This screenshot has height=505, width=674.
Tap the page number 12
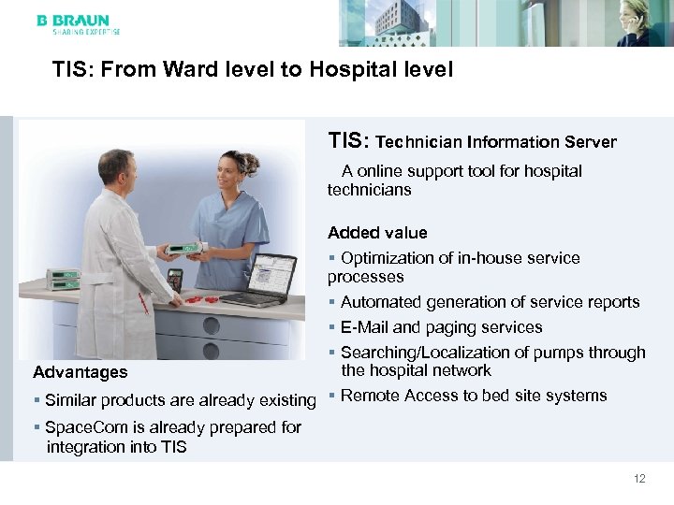[x=639, y=479]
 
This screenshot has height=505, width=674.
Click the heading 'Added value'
[x=377, y=233]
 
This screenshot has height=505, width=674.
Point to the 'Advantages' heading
[x=80, y=372]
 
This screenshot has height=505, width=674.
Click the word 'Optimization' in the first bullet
[x=387, y=258]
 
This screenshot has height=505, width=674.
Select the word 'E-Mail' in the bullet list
[x=364, y=327]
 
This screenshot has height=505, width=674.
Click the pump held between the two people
[x=183, y=250]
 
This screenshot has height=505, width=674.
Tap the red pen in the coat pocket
[x=143, y=302]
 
